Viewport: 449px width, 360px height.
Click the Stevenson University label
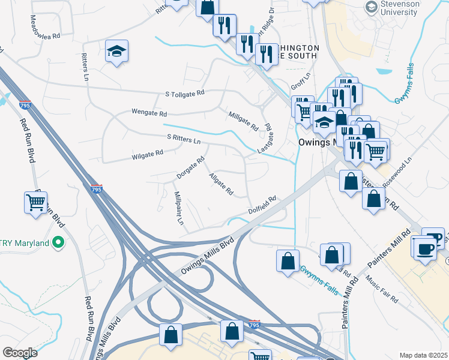coord(408,10)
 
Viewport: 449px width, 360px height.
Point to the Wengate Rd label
coord(149,112)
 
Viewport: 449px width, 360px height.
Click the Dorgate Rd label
coord(191,167)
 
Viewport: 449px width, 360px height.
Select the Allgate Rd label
coord(221,184)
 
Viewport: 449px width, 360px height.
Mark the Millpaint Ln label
coord(178,208)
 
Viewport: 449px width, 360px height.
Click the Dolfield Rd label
coord(262,205)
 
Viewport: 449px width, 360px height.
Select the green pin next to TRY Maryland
coord(58,243)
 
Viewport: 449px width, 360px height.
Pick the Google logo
coord(20,352)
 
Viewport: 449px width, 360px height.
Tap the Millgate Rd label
coord(243,121)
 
